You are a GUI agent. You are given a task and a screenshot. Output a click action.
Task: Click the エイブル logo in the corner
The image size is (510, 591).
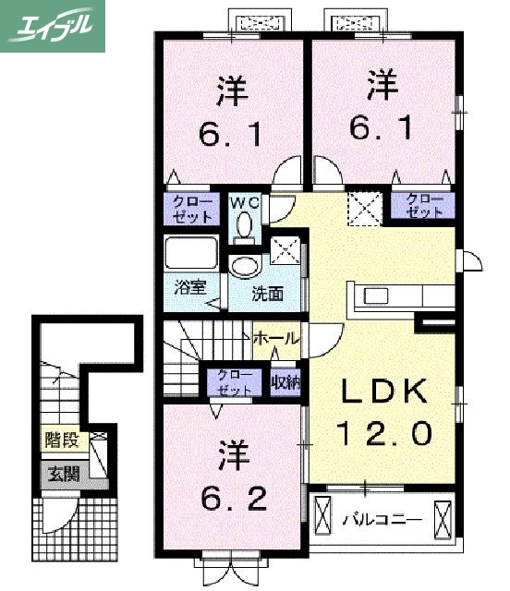tap(52, 26)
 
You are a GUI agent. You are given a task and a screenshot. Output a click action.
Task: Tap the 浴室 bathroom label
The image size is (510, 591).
tap(188, 287)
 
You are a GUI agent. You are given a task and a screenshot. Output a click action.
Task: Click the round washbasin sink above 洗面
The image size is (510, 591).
tap(246, 267)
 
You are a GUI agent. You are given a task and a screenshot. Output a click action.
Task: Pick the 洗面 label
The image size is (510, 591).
tap(268, 295)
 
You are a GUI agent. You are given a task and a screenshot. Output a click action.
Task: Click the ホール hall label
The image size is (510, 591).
tap(276, 340)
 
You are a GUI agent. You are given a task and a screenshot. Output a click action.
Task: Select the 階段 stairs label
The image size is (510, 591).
tap(64, 441)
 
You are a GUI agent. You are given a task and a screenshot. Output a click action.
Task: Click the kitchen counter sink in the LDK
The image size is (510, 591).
tap(377, 295)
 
